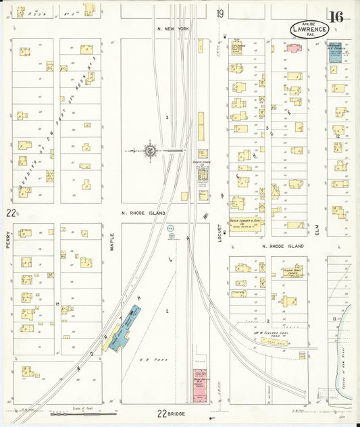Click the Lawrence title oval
310,29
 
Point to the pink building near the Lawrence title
294,47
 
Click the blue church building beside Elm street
334,53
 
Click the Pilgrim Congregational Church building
292,274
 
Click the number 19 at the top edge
220,14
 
